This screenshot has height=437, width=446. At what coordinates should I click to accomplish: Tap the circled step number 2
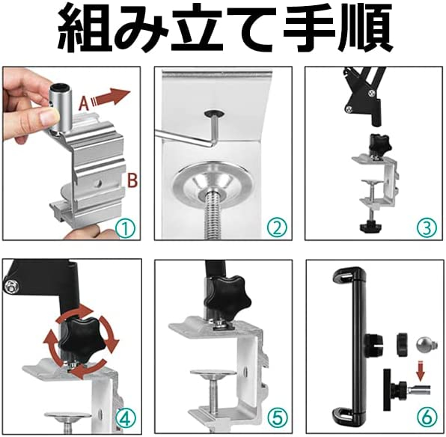[277, 227]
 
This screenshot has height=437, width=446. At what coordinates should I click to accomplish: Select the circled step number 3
[427, 227]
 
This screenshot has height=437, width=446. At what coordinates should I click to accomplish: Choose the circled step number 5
[278, 418]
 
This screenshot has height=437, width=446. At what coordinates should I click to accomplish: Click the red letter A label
[84, 103]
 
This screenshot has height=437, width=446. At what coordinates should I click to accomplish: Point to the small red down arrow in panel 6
[421, 370]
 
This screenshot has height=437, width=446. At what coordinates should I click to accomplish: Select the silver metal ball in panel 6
[424, 344]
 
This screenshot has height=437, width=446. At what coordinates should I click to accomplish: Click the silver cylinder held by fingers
[59, 109]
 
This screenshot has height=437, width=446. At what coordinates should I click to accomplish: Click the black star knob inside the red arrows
[81, 340]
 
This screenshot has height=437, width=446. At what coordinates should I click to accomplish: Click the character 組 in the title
[84, 28]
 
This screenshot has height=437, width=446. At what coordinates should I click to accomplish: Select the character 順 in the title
[365, 28]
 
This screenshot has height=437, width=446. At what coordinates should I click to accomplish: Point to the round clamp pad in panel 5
[213, 373]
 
